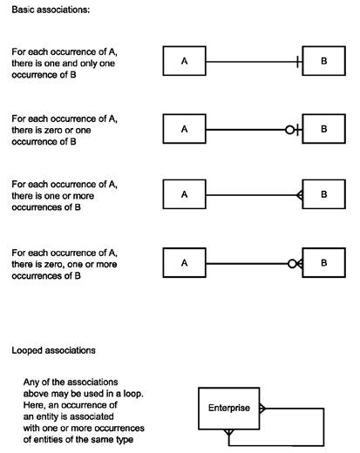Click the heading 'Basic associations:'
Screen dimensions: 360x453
[51, 10]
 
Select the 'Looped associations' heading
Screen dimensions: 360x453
[53, 350]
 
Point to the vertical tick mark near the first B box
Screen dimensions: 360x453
[297, 62]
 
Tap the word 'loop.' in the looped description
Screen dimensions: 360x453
[133, 394]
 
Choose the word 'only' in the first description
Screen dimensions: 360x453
[88, 64]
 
